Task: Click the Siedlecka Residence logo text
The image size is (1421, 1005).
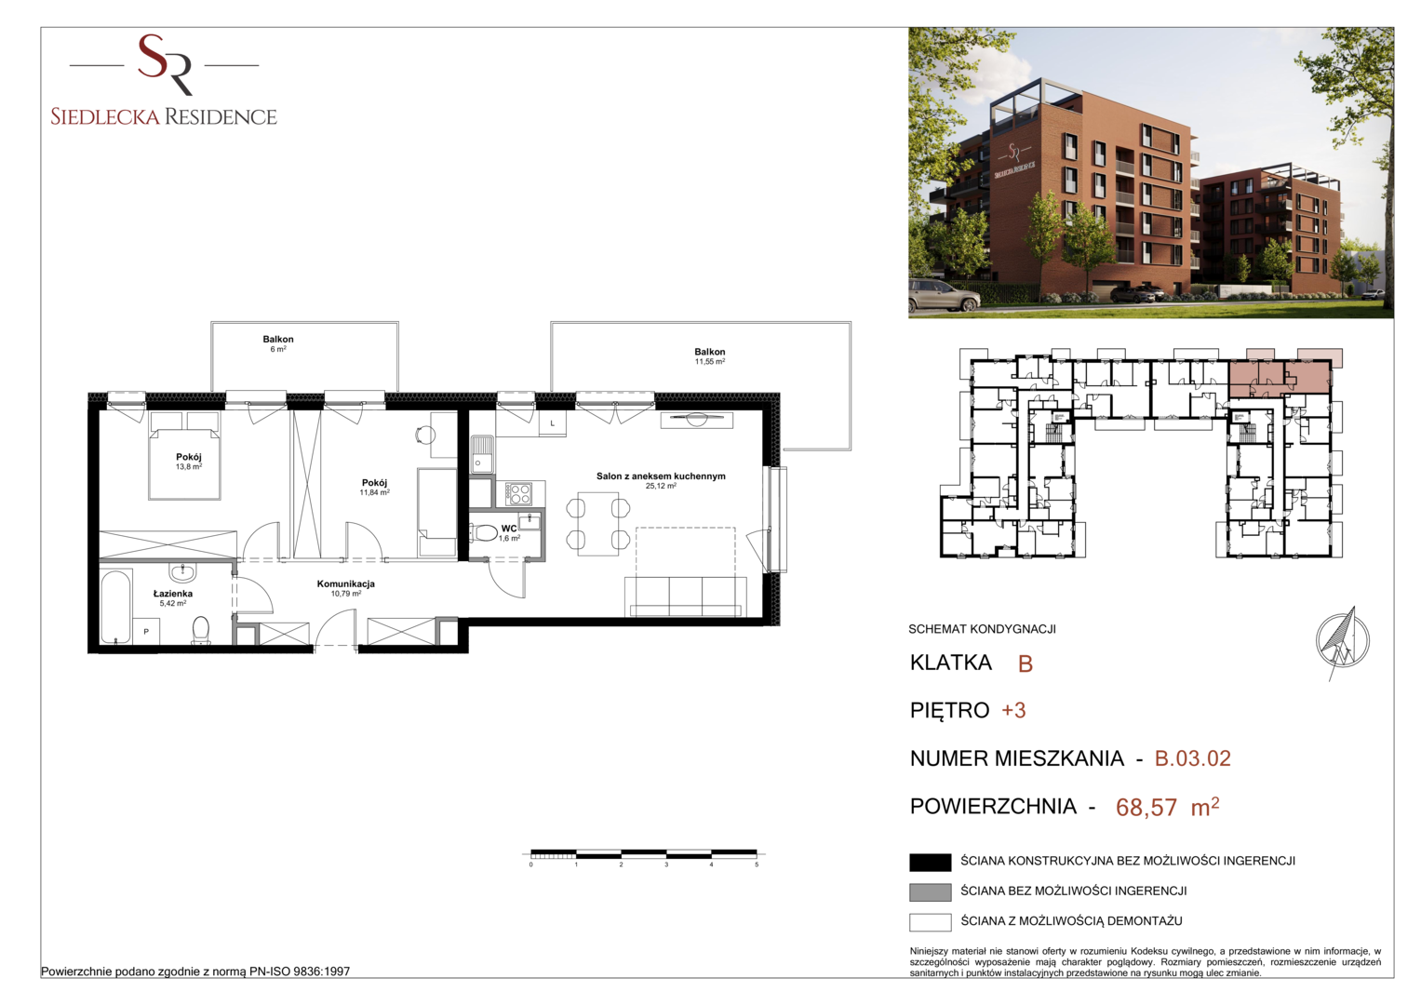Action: (x=164, y=116)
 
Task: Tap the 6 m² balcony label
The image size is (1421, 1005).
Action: (x=278, y=343)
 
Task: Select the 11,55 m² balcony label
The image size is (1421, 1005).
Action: (x=709, y=355)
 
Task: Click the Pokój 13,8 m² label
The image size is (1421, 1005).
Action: (x=188, y=462)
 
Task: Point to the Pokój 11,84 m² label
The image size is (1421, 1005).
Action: (x=374, y=488)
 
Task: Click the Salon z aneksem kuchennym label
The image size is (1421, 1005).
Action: (x=661, y=480)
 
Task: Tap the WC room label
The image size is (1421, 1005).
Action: (x=509, y=533)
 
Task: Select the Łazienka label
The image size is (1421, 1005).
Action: (x=172, y=598)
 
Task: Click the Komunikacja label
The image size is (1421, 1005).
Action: (x=346, y=588)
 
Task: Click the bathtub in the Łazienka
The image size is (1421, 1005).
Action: (x=116, y=607)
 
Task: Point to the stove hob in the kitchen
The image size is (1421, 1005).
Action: (x=518, y=493)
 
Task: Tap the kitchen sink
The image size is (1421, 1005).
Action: (x=481, y=454)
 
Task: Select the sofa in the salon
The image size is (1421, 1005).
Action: (x=685, y=596)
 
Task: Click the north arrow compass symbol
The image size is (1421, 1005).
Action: (x=1342, y=641)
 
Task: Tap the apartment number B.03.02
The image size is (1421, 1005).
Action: (x=1192, y=758)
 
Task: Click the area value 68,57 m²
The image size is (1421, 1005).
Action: (x=1167, y=807)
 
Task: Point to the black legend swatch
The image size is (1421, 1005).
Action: (x=930, y=862)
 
